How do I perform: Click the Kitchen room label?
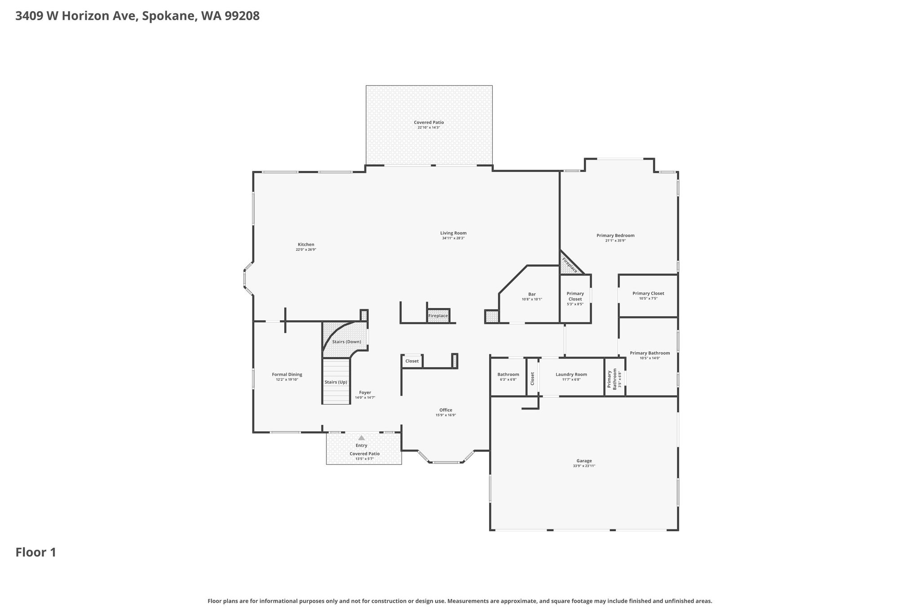point(306,245)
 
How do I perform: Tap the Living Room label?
point(453,233)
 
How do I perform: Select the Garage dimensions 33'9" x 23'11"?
point(584,466)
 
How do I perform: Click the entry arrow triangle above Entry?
point(362,438)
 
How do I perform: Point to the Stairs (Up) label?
point(336,382)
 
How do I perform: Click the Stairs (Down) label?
point(346,342)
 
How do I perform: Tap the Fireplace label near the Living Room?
point(438,316)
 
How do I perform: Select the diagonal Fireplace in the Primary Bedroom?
point(570,265)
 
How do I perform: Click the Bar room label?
point(532,294)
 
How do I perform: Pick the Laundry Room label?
point(571,375)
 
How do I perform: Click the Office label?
point(446,410)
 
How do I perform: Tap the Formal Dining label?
point(287,375)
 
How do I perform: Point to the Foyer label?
point(365,392)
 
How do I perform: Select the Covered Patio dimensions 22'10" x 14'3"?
point(429,128)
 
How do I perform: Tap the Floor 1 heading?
point(36,552)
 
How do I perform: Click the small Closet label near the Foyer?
point(412,361)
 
